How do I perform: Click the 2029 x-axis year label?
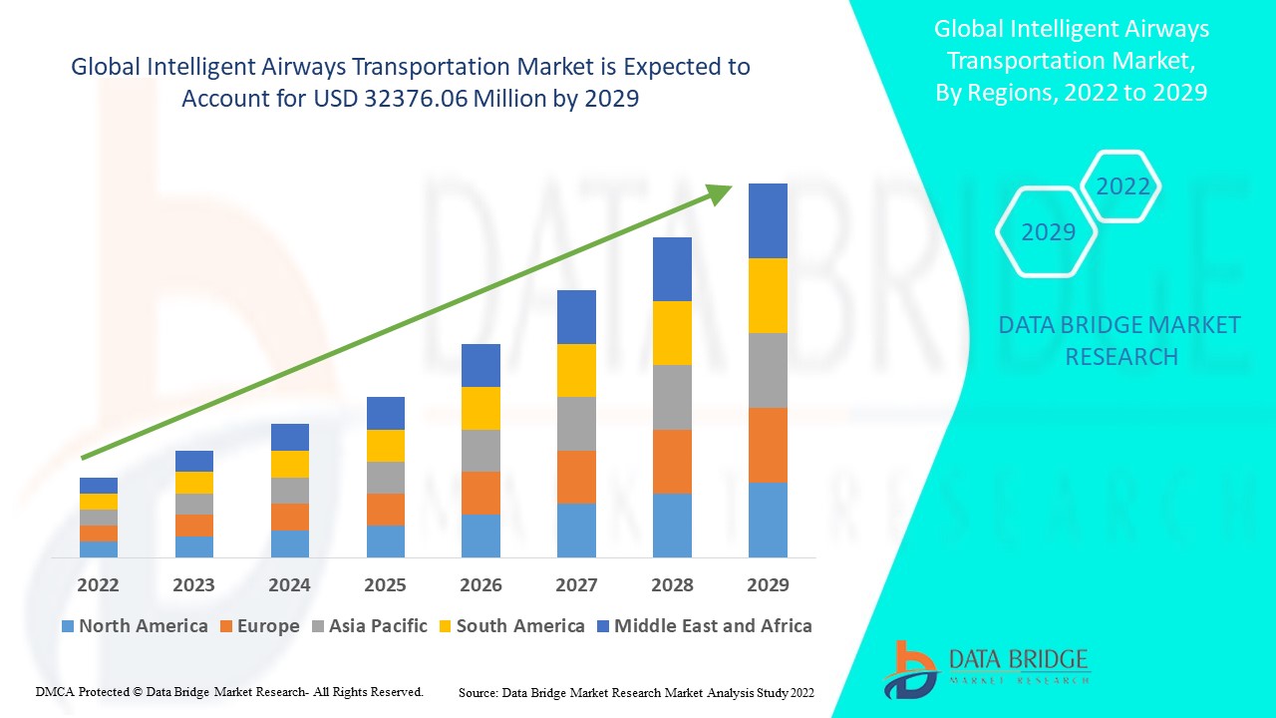[768, 584]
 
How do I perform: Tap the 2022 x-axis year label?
[98, 584]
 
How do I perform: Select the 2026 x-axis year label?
[480, 584]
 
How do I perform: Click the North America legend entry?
[135, 626]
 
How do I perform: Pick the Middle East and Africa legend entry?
[704, 626]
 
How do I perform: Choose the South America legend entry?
[510, 626]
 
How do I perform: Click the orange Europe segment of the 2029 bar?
[768, 445]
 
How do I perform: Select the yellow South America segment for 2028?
[672, 333]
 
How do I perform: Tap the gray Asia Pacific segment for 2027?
[576, 424]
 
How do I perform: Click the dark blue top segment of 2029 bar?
[768, 220]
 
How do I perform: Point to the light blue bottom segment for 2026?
[480, 536]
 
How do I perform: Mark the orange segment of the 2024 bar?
[289, 517]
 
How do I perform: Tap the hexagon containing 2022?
[1122, 186]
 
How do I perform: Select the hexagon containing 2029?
[1048, 232]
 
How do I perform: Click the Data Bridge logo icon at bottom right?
[910, 669]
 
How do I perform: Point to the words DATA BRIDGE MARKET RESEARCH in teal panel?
[1120, 340]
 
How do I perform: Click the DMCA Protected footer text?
[229, 691]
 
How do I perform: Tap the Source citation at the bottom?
[636, 691]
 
